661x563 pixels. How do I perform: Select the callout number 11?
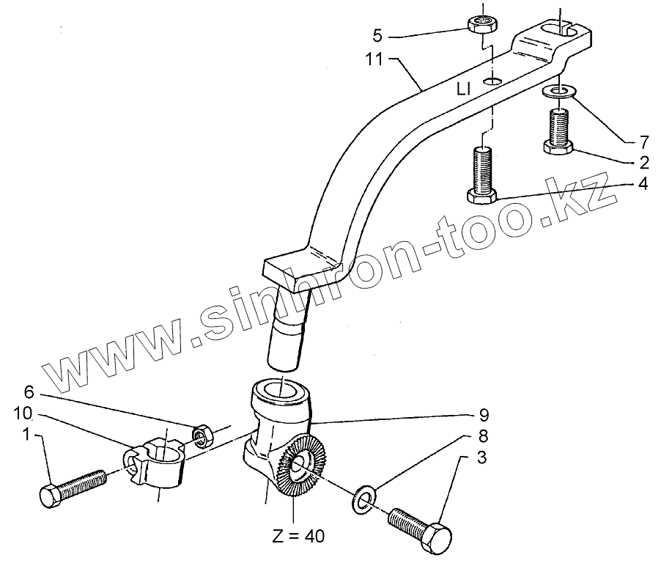click(374, 60)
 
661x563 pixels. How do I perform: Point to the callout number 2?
click(643, 161)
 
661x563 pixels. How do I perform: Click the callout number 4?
click(643, 184)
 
